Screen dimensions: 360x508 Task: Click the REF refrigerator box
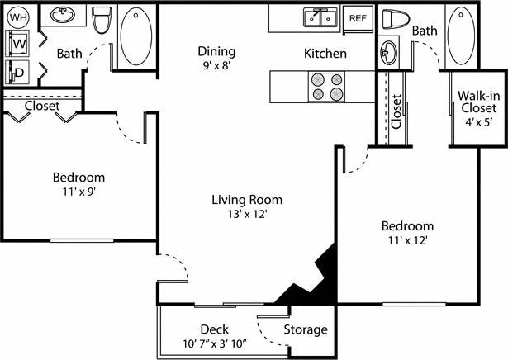358,17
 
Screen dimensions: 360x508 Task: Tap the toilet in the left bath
102,20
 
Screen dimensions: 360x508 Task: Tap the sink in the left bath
61,16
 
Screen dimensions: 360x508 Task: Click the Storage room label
306,329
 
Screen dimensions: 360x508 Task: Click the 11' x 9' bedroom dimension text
78,192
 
